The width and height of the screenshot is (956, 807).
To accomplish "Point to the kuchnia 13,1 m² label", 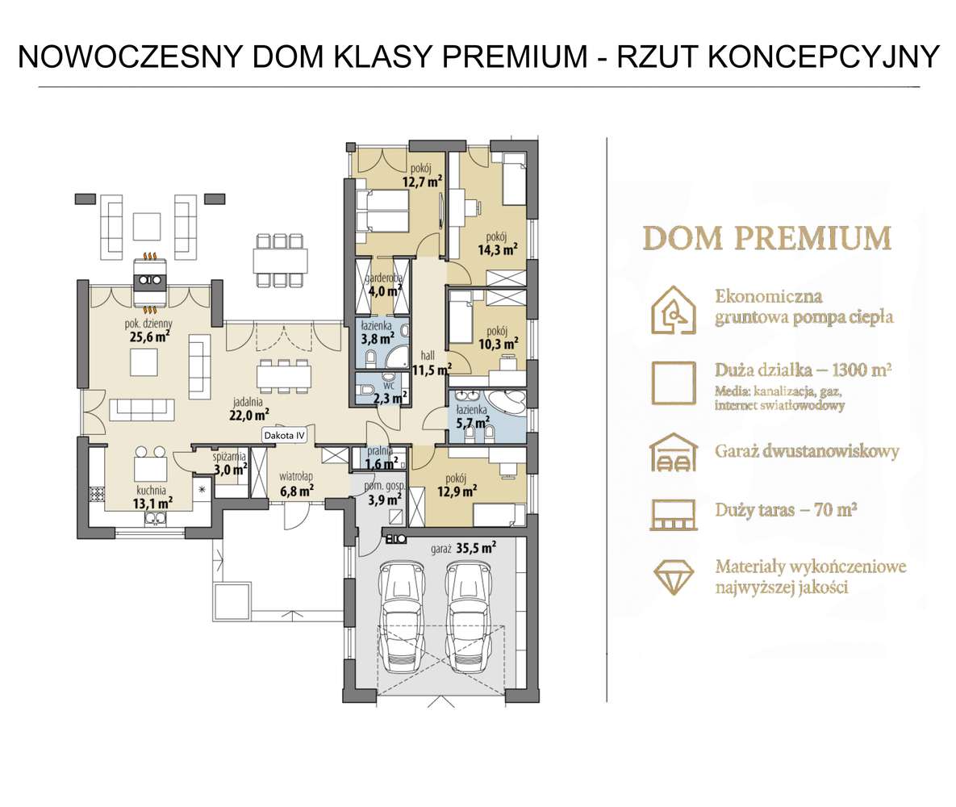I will [152, 496].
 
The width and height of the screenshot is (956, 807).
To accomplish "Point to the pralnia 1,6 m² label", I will [380, 458].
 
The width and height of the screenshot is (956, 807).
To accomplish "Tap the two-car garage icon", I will [674, 452].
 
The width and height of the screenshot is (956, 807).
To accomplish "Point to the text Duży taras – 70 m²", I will [785, 510].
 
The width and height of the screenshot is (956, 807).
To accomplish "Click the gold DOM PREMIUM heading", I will [766, 238].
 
